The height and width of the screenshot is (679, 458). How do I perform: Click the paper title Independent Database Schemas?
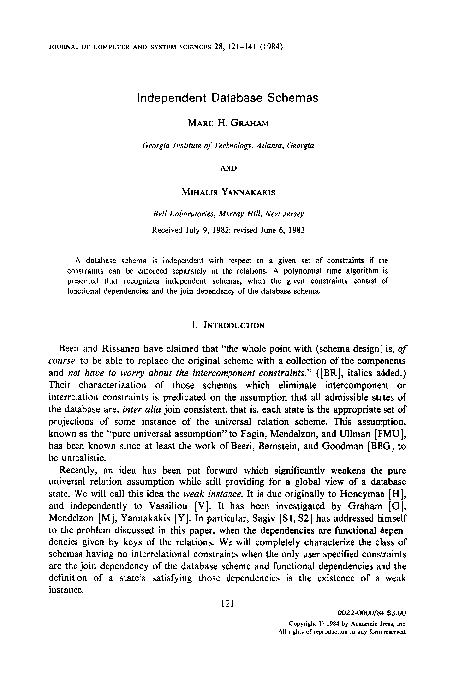229,99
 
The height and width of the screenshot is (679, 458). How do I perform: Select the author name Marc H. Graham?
229,127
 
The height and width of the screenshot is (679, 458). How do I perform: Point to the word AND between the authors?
229,166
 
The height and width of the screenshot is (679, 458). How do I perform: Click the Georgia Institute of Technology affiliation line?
229,145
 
